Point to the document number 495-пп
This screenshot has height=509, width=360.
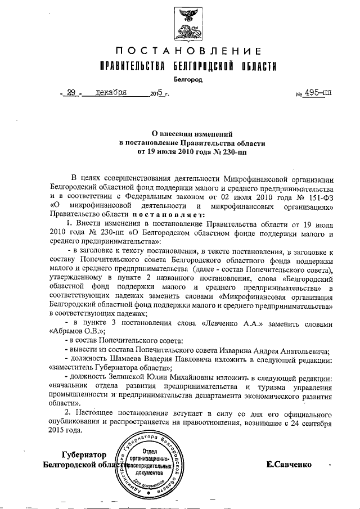tap(317, 93)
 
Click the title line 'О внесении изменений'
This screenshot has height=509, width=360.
tap(188, 134)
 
